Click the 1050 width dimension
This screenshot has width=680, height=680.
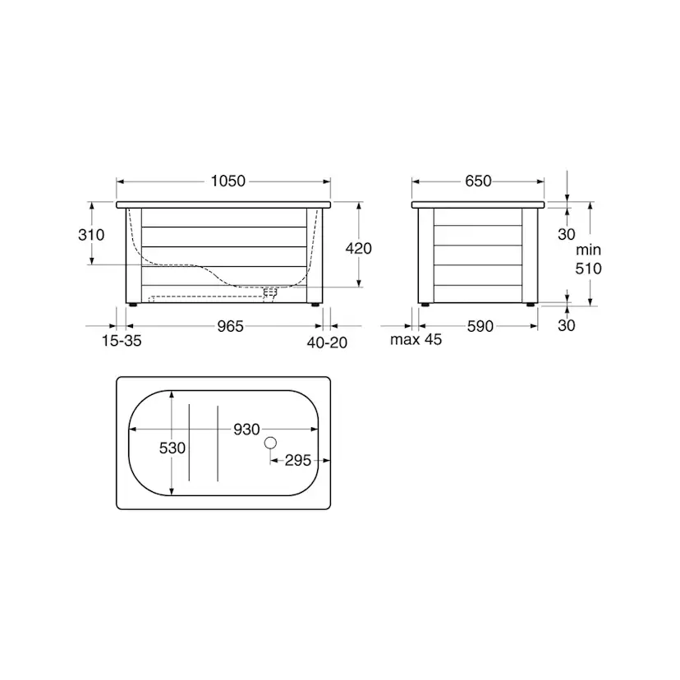[228, 181]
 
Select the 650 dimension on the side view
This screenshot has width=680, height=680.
[478, 181]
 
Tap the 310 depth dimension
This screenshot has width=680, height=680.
[91, 235]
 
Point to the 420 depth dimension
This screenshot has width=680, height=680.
[359, 248]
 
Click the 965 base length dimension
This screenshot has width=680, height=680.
[230, 326]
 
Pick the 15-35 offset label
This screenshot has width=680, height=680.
[122, 341]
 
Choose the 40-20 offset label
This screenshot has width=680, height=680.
[327, 342]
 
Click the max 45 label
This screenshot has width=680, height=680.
[416, 339]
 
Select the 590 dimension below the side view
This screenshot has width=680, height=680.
[480, 326]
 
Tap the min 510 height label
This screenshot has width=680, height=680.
[589, 260]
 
